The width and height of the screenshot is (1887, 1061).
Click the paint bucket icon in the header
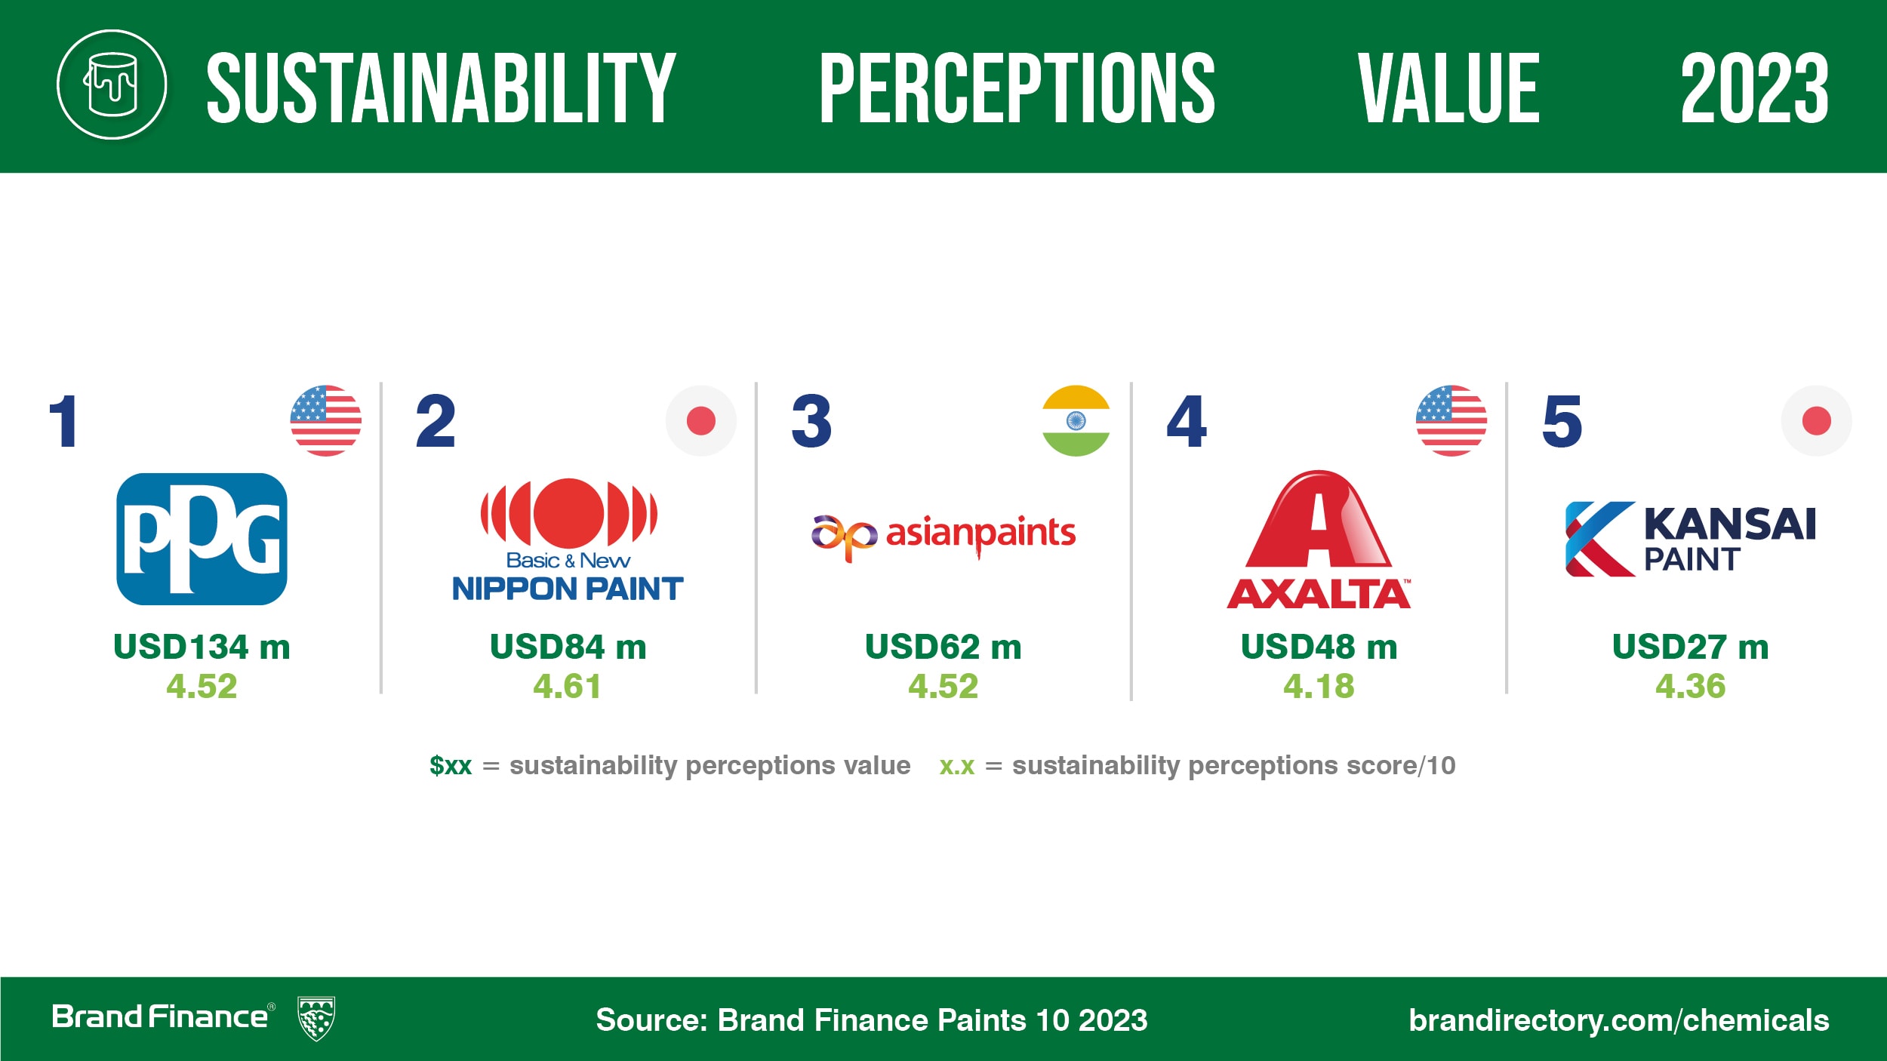click(x=112, y=85)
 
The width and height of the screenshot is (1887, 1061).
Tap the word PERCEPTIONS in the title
click(x=1017, y=88)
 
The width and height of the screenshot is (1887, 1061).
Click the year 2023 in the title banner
click(x=1754, y=88)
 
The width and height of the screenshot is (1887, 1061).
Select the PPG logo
click(x=202, y=539)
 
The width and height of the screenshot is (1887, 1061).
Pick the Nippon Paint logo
click(x=568, y=540)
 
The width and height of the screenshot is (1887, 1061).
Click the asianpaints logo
click(x=943, y=537)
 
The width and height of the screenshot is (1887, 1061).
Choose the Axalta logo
click(x=1318, y=540)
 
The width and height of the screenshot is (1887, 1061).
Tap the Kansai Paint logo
click(x=1691, y=539)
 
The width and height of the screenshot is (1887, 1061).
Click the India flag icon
click(x=1076, y=421)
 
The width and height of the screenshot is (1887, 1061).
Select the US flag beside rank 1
click(x=326, y=421)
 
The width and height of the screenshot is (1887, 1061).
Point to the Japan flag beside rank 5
click(x=1816, y=421)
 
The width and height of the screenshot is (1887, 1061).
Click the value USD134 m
click(x=202, y=647)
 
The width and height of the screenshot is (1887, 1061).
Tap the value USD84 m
click(x=568, y=647)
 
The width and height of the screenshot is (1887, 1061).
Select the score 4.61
click(x=568, y=686)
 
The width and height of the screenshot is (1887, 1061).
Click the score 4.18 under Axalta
click(x=1319, y=686)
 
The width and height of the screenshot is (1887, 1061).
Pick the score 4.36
click(x=1691, y=686)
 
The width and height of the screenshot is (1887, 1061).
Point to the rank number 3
click(x=811, y=421)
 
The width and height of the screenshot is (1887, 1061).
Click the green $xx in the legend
click(x=451, y=765)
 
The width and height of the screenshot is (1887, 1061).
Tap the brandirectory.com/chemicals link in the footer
click(x=1619, y=1020)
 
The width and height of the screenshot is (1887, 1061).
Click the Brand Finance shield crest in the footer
click(x=316, y=1018)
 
